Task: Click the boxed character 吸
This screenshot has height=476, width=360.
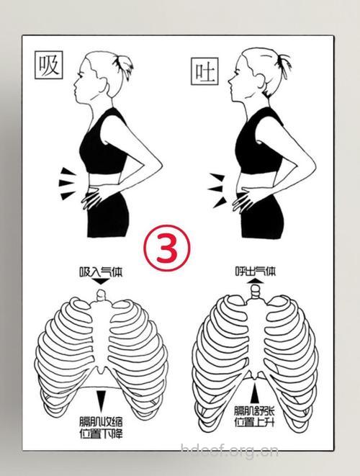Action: [x=48, y=66]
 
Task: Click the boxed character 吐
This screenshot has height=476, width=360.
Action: [x=204, y=71]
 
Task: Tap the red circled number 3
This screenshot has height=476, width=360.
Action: [x=167, y=248]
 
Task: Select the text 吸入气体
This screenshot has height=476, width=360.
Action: [x=101, y=272]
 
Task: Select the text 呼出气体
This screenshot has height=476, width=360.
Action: [x=256, y=271]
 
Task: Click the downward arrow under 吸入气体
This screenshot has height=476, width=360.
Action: [x=101, y=282]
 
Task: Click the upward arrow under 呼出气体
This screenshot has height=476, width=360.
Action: [x=256, y=280]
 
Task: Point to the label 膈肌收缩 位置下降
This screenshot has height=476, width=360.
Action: [x=101, y=428]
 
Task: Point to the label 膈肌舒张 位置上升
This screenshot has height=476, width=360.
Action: [x=254, y=416]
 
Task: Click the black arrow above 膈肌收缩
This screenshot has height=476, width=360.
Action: [x=101, y=400]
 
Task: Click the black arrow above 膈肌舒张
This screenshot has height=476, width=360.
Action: [x=256, y=393]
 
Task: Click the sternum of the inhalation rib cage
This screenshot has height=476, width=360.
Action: [x=102, y=334]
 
